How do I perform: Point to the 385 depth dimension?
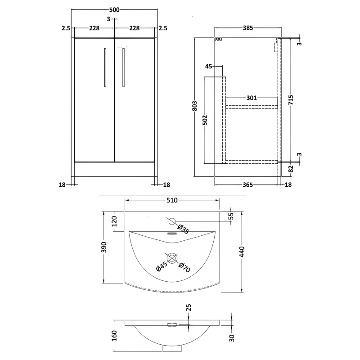(247, 28)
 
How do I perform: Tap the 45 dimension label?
(208, 67)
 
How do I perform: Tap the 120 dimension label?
(114, 221)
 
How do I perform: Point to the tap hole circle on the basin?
(172, 221)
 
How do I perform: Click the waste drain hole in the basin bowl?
(172, 258)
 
